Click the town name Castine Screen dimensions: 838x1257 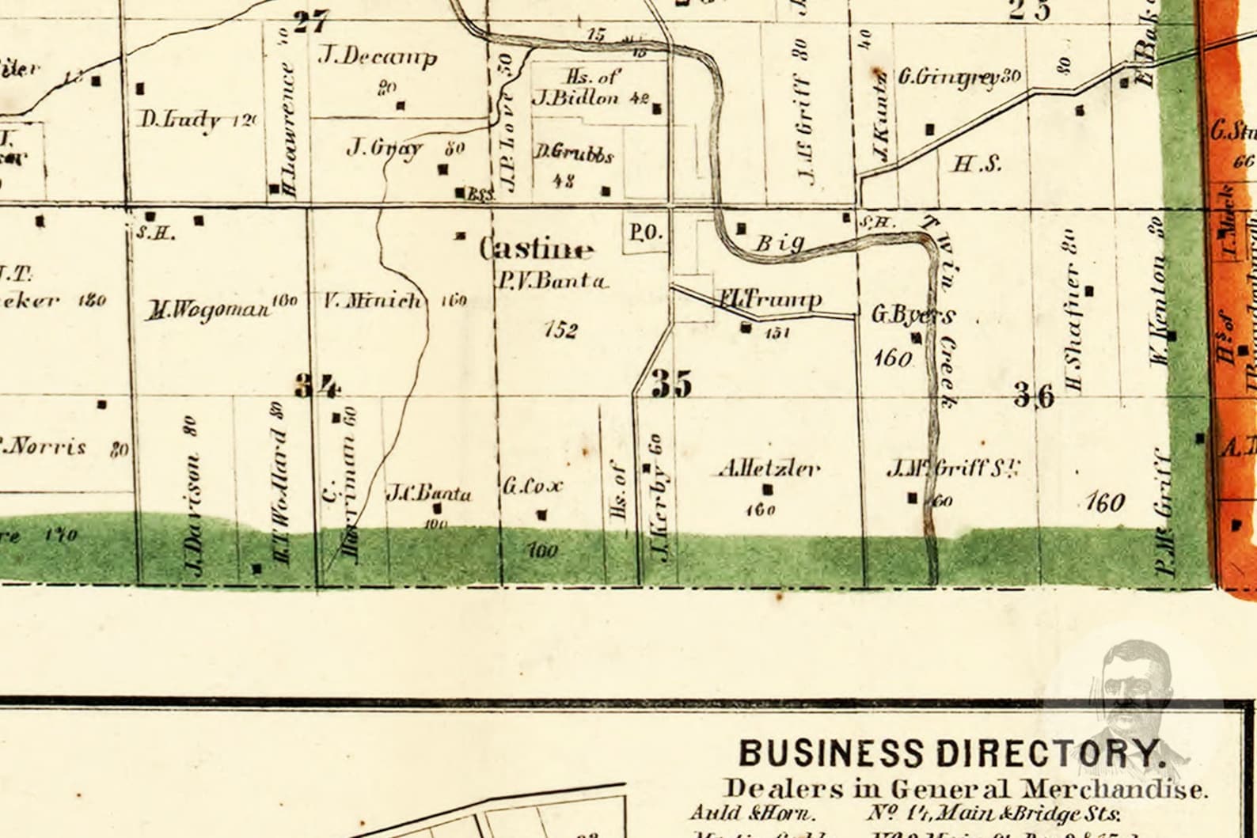click(537, 249)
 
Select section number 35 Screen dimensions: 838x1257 click(671, 384)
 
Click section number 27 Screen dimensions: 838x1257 click(310, 21)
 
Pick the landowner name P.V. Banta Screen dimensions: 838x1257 click(553, 280)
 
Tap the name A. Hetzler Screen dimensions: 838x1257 click(769, 468)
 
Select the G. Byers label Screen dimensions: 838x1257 click(913, 315)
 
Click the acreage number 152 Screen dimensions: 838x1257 click(560, 329)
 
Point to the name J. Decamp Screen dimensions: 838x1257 click(378, 56)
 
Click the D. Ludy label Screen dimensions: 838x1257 click(180, 120)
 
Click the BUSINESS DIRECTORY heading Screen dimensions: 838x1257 click(952, 753)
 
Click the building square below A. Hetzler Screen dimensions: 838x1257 click(766, 489)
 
